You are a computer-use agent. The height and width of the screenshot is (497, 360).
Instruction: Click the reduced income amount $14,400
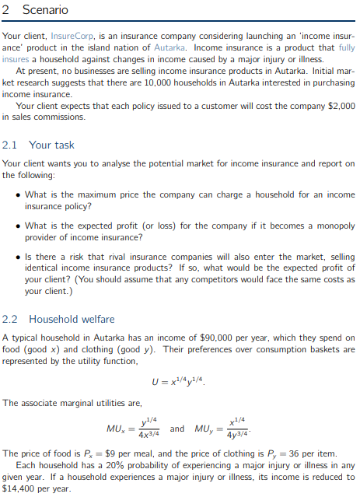click(17, 488)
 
